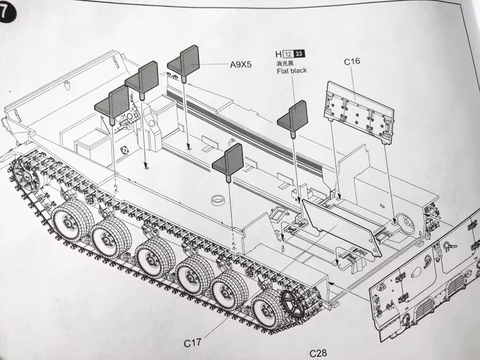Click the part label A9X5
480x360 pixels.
pyautogui.click(x=241, y=65)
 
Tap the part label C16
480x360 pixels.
pyautogui.click(x=352, y=61)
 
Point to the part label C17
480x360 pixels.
pyautogui.click(x=192, y=343)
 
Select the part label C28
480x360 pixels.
pyautogui.click(x=318, y=354)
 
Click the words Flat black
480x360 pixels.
pyautogui.click(x=292, y=71)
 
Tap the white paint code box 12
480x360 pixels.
pyautogui.click(x=288, y=54)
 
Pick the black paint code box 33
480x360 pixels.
pyautogui.click(x=299, y=54)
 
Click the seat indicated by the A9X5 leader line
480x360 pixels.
pyautogui.click(x=184, y=63)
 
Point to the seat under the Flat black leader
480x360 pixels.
pyautogui.click(x=293, y=118)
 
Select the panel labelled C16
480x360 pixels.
pyautogui.click(x=359, y=113)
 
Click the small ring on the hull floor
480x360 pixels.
pyautogui.click(x=218, y=200)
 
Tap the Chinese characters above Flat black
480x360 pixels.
pyautogui.click(x=285, y=63)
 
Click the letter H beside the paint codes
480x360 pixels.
pyautogui.click(x=278, y=54)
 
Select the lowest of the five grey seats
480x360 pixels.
pyautogui.click(x=228, y=162)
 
